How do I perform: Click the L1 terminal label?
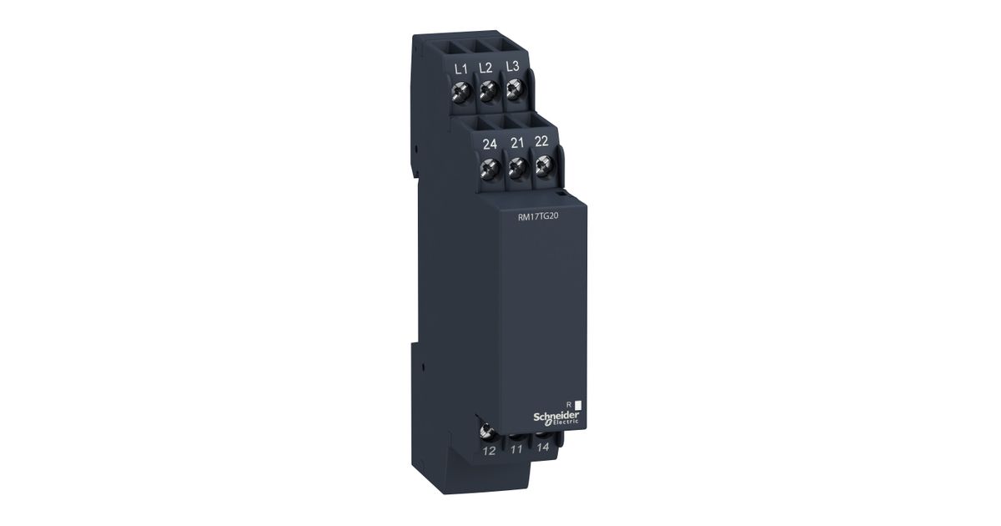tap(460, 68)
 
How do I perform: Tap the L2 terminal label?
tap(485, 68)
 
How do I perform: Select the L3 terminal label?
tap(512, 66)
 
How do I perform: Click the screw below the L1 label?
tap(461, 92)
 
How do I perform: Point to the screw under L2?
tap(488, 90)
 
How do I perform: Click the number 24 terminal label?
tap(490, 144)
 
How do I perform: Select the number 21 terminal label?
tap(517, 143)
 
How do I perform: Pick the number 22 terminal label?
tap(541, 141)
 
